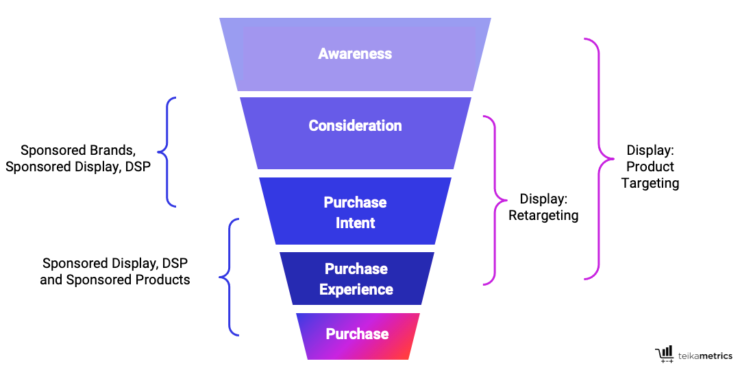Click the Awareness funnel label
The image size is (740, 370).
pos(355,53)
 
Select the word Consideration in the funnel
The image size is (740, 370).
pos(355,125)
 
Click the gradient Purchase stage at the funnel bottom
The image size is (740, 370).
pos(357,334)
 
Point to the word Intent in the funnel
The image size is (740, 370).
pos(355,223)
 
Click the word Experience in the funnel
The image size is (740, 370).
pos(356,289)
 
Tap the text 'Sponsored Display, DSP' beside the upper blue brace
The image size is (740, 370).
pos(78,166)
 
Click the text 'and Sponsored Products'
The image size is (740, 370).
pos(115,280)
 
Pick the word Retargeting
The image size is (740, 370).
pos(543,216)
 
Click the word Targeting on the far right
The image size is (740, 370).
pos(650,183)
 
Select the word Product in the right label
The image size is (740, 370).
pos(650,166)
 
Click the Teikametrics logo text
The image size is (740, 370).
pos(705,356)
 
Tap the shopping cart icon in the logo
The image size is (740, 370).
pos(665,353)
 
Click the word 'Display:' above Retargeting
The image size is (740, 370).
pos(543,199)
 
